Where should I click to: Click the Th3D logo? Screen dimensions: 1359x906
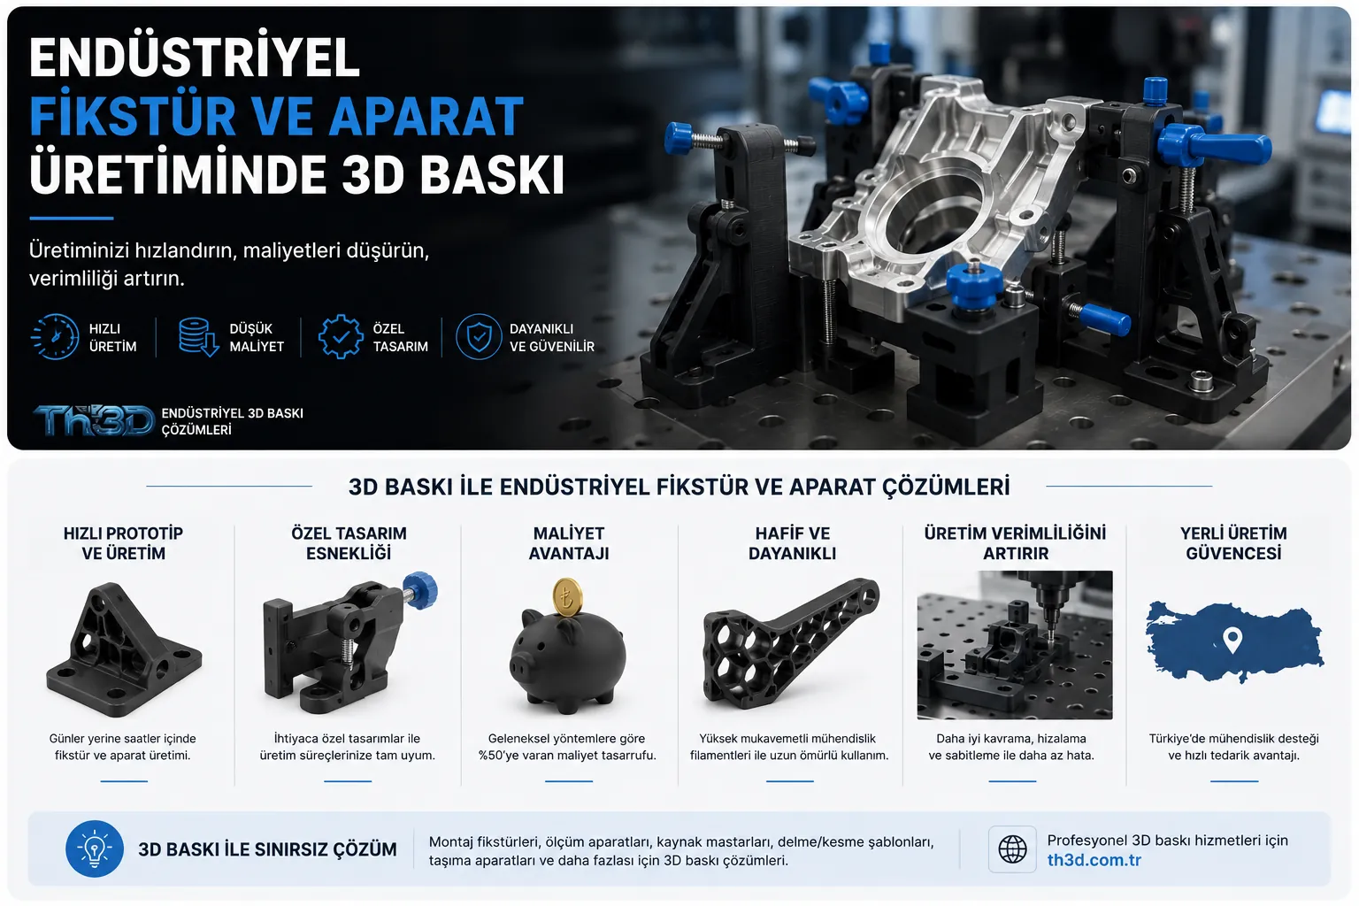tap(94, 420)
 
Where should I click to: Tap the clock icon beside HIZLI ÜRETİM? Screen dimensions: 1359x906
tap(55, 337)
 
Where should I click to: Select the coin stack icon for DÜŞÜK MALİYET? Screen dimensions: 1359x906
tap(198, 337)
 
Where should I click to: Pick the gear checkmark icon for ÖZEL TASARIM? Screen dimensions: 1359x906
tap(341, 337)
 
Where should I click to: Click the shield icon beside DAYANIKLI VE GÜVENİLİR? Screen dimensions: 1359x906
tap(479, 337)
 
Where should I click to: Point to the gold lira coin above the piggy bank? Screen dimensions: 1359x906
tap(567, 598)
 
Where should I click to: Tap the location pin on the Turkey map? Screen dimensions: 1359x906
tap(1232, 640)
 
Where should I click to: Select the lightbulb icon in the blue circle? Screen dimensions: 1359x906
tap(95, 848)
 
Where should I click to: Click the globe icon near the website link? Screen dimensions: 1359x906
tap(1012, 849)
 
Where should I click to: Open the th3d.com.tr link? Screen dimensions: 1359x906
tap(1094, 860)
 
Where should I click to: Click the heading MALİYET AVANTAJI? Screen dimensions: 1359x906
tap(569, 543)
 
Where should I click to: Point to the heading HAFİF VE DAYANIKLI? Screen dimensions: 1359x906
tap(793, 543)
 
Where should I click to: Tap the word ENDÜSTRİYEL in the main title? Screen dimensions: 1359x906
tap(195, 58)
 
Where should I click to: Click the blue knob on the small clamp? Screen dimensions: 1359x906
tap(421, 589)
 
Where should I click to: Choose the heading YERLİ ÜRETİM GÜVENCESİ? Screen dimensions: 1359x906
tap(1233, 543)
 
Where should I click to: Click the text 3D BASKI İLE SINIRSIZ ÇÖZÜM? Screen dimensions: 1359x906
tap(267, 849)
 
